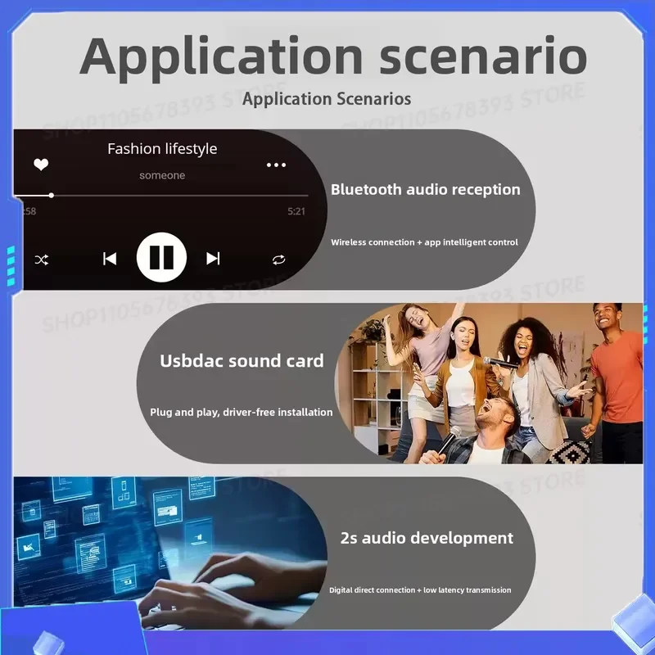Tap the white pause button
click(161, 257)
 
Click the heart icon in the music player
click(41, 165)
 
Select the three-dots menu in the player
click(276, 165)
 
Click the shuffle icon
click(42, 260)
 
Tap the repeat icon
click(278, 260)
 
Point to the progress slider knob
click(51, 195)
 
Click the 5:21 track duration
click(296, 211)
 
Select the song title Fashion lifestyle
click(162, 149)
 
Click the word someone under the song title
click(162, 175)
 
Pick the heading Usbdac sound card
click(242, 361)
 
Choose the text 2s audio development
click(427, 538)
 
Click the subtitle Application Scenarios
click(327, 99)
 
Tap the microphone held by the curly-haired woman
click(500, 362)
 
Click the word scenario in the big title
click(483, 56)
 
